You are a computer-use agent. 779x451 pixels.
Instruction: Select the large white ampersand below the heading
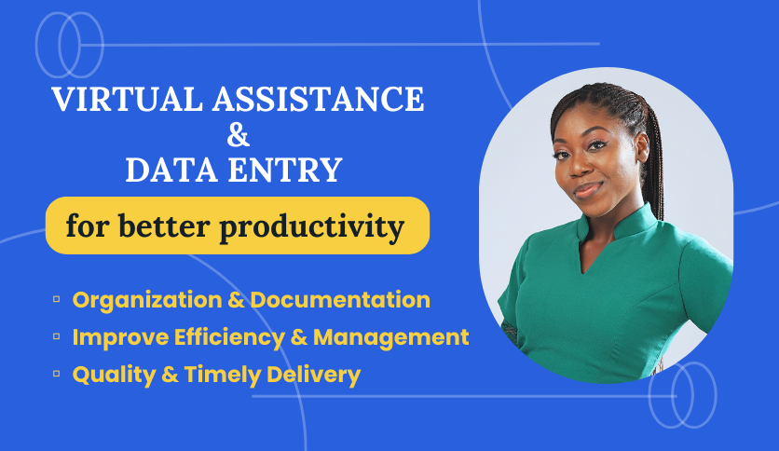coord(239,136)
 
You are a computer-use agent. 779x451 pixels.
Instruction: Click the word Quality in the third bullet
coord(109,375)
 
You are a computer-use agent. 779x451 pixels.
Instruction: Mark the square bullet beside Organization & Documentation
coord(57,299)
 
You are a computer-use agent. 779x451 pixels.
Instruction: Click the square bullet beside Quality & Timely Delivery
coord(57,374)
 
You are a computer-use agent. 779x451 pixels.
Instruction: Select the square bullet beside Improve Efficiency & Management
coord(57,336)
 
